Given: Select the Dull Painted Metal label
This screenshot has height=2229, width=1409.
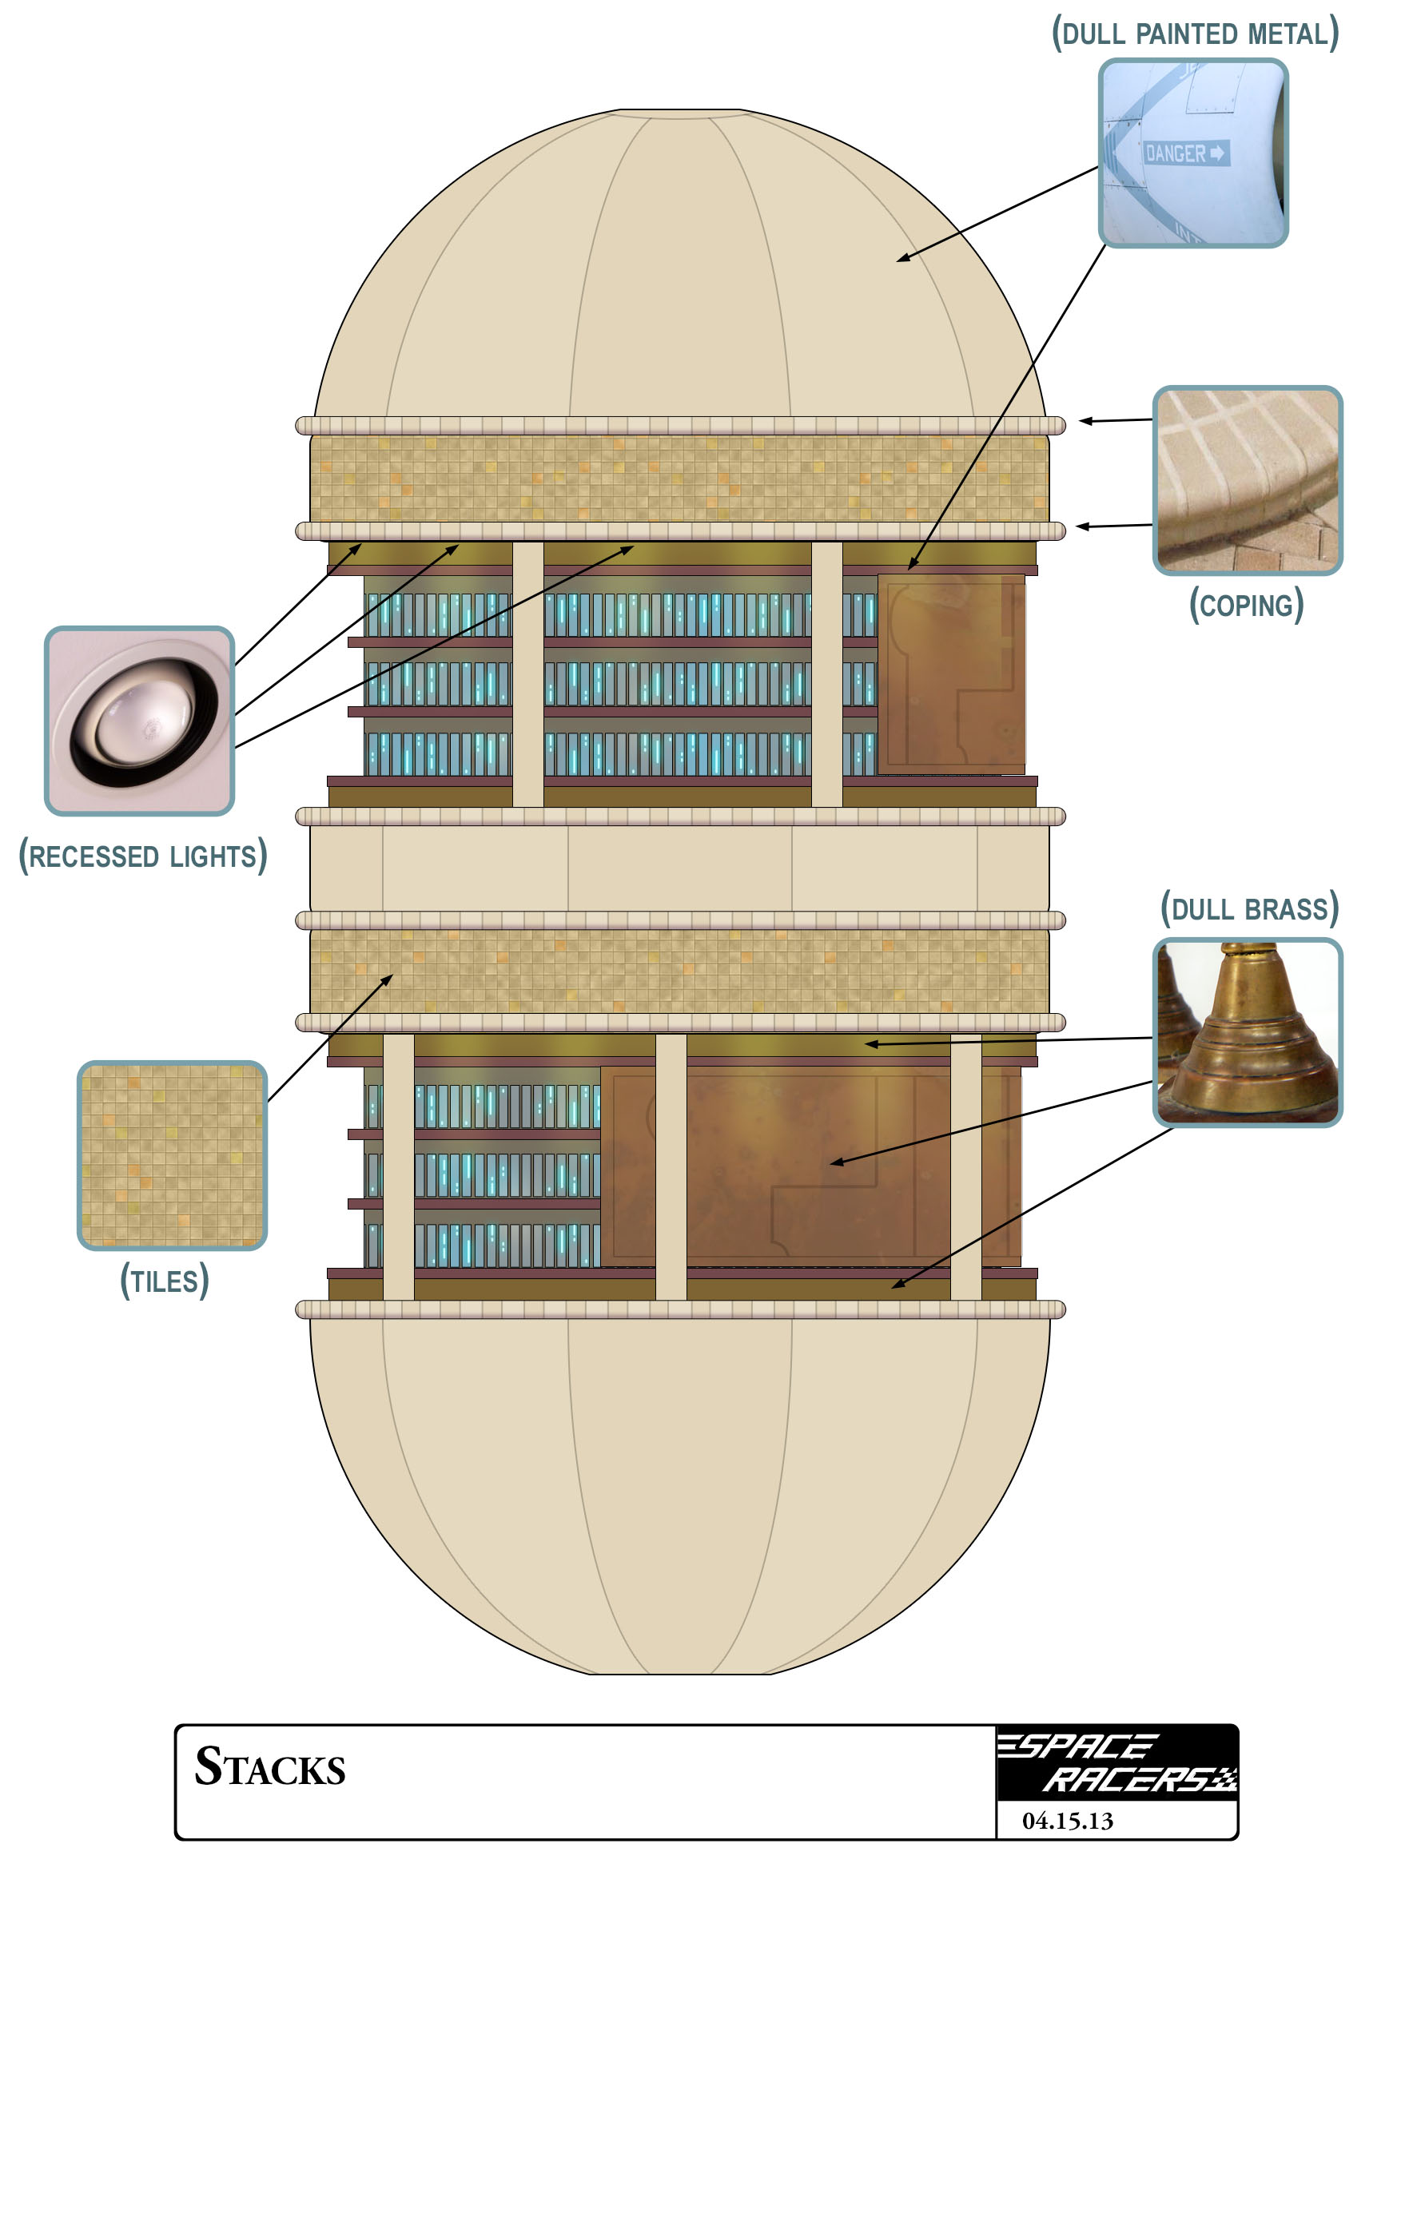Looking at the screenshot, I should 1194,34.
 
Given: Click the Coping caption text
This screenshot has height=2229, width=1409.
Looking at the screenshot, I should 1246,606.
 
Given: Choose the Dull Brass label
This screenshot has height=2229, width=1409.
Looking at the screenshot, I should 1249,909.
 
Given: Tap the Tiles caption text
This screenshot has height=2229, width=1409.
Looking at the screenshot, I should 165,1281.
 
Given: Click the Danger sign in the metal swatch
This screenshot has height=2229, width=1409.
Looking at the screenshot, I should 1186,153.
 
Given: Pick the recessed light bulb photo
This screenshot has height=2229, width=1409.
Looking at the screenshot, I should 139,721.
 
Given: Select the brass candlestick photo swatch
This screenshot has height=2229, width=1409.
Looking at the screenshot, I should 1247,1032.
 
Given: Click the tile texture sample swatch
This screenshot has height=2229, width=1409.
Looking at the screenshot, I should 172,1155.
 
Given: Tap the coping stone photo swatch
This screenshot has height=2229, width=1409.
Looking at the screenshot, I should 1247,480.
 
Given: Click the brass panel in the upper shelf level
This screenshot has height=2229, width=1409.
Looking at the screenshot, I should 951,673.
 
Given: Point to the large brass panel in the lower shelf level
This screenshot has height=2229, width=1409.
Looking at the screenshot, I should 810,1166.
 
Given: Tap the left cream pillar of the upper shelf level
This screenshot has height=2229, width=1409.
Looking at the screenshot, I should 527,673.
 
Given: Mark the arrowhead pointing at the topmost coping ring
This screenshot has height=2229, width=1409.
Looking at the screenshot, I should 1084,421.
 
